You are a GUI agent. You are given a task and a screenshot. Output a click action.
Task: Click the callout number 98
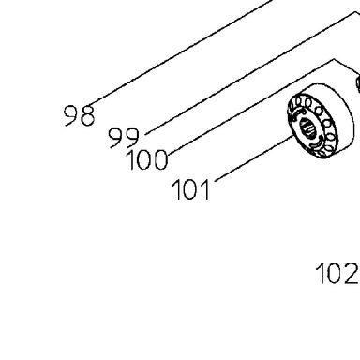tap(79, 115)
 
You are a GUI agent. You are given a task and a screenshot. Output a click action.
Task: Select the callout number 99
tap(124, 138)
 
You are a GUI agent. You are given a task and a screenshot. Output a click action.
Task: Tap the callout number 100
tap(147, 159)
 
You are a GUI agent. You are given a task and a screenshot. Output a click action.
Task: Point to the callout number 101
tap(190, 189)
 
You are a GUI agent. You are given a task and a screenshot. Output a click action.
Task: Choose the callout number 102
tap(337, 274)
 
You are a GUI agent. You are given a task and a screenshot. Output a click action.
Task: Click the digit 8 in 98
tap(87, 115)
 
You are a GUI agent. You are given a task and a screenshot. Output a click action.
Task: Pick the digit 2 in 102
tap(351, 274)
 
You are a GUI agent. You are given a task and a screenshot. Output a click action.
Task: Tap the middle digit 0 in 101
tap(190, 189)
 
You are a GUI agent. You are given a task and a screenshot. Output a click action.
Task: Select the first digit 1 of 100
tap(132, 159)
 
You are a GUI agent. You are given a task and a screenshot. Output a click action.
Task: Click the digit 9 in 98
tap(71, 115)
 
